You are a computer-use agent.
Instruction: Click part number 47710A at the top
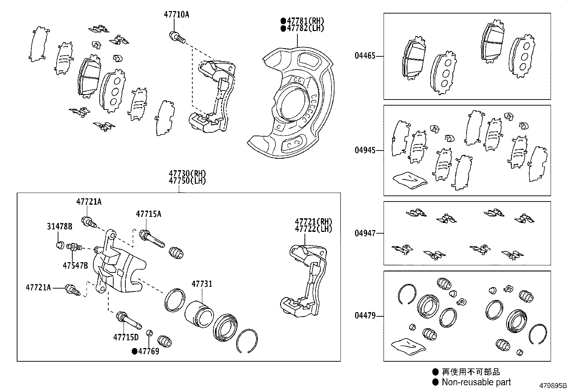tap(176, 15)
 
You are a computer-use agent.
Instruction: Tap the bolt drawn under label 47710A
tap(177, 37)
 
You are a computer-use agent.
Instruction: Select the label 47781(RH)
tap(305, 21)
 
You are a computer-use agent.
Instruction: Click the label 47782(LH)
tap(305, 28)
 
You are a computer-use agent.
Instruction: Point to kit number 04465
tap(365, 56)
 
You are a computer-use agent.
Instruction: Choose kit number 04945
tap(365, 150)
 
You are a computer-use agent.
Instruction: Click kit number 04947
tap(365, 233)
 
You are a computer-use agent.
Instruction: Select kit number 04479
tap(365, 316)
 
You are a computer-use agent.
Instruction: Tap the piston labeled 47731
tap(199, 314)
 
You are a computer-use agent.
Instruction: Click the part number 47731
tap(202, 284)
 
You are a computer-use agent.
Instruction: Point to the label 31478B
tap(59, 226)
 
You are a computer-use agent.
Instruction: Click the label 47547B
tap(75, 265)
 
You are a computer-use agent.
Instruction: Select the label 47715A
tap(149, 214)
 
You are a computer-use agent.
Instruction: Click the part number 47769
tap(149, 351)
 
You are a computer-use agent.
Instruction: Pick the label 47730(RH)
tap(187, 174)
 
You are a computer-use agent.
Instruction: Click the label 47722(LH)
tap(313, 229)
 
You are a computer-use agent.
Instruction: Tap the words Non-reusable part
tap(476, 382)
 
